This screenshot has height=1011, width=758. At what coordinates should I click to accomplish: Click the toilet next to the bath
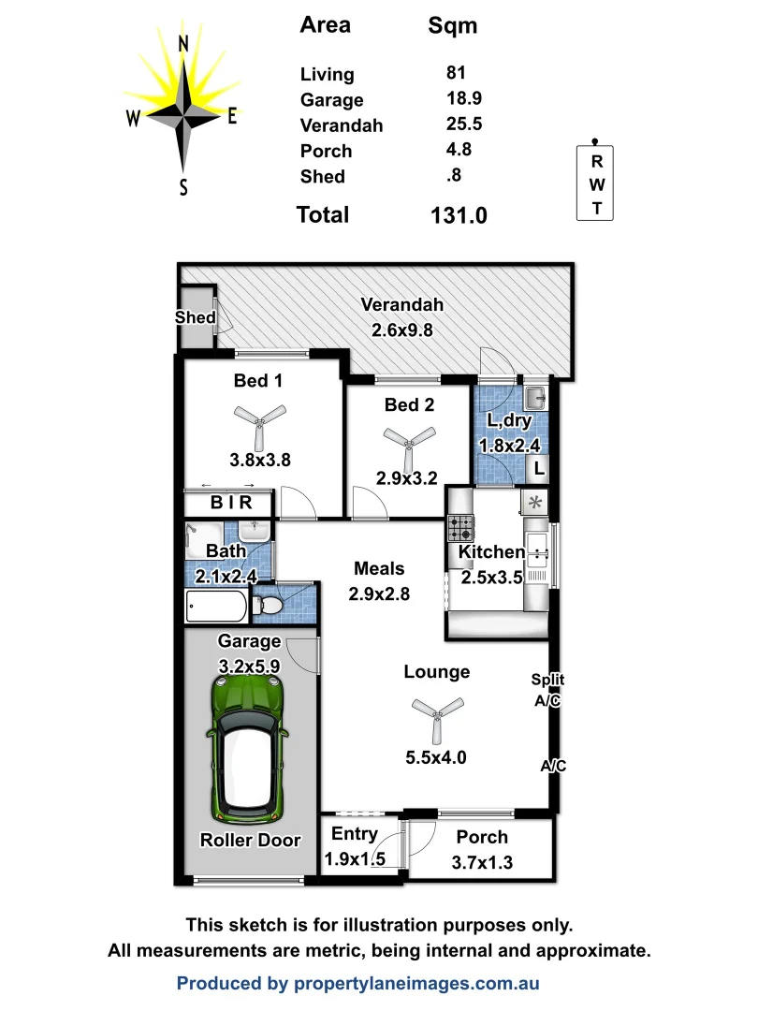click(x=270, y=603)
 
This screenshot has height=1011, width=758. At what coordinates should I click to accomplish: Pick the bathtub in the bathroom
click(x=217, y=607)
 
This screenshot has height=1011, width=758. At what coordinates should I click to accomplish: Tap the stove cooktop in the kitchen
click(x=461, y=529)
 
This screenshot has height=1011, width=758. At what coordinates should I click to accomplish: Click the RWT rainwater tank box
click(x=596, y=183)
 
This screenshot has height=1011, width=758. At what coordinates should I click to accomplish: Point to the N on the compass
click(x=184, y=44)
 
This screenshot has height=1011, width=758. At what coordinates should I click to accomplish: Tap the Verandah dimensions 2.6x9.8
click(x=402, y=330)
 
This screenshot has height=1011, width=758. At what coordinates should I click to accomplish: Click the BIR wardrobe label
click(x=230, y=503)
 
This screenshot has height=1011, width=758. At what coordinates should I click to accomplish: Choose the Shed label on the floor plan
click(x=196, y=317)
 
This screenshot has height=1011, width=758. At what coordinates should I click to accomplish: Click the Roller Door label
click(x=251, y=840)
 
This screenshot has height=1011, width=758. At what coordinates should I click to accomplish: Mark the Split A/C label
click(x=547, y=690)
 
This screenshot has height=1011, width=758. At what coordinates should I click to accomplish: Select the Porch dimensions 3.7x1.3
click(x=482, y=862)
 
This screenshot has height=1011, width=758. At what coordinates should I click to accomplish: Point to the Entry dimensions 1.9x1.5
click(x=355, y=859)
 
